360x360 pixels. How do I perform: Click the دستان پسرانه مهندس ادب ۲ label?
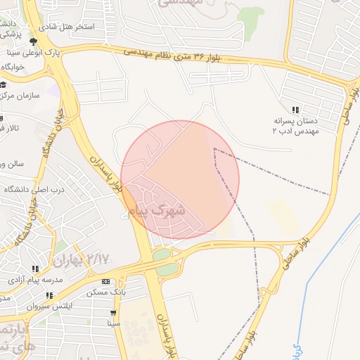click(297, 125)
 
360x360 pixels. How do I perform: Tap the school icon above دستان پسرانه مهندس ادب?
click(295, 110)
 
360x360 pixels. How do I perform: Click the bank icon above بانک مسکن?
click(106, 282)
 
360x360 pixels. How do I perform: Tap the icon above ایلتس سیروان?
click(49, 295)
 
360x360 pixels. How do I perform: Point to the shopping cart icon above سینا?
click(113, 314)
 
